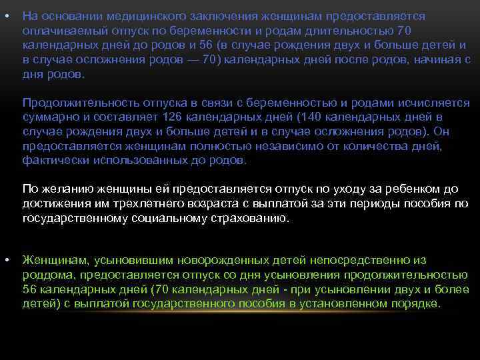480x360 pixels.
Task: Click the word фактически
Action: pos(53,161)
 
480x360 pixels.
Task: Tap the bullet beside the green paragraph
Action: pos(6,259)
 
